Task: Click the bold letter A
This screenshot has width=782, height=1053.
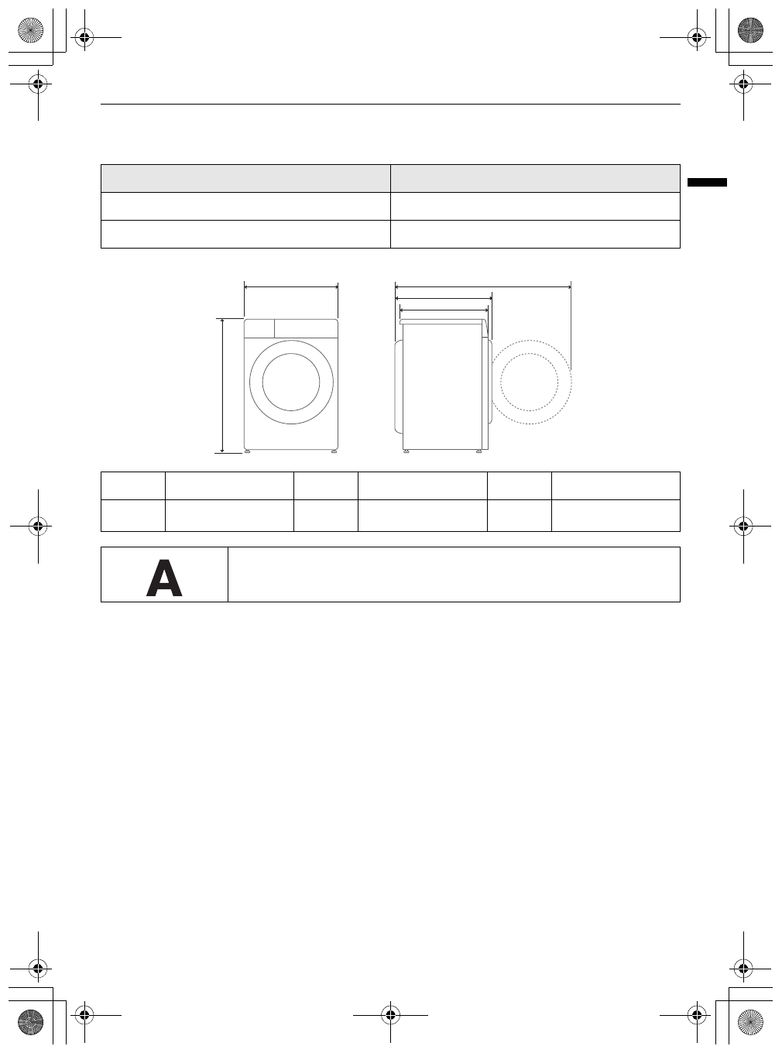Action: coord(164,579)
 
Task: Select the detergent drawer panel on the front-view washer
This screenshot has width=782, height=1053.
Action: coord(259,328)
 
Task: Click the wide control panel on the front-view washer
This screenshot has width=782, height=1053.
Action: coord(306,328)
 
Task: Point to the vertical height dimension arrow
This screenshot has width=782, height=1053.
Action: coord(223,385)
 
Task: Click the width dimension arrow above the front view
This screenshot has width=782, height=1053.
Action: coord(291,286)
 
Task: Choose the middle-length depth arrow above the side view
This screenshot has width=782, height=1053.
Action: coord(444,298)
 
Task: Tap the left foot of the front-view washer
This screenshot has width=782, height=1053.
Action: coord(247,451)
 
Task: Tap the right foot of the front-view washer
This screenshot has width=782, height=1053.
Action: coord(334,451)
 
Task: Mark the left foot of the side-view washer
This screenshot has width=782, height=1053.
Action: coord(406,451)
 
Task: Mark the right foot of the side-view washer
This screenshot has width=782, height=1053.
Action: coord(479,451)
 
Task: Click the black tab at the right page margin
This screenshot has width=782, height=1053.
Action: coord(707,183)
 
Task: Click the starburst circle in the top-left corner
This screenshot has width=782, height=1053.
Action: coord(30,31)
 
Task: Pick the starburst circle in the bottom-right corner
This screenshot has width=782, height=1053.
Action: coord(750,1022)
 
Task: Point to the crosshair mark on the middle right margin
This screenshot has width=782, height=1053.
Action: coord(743,526)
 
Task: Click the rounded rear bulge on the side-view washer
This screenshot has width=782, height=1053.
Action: coord(399,386)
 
